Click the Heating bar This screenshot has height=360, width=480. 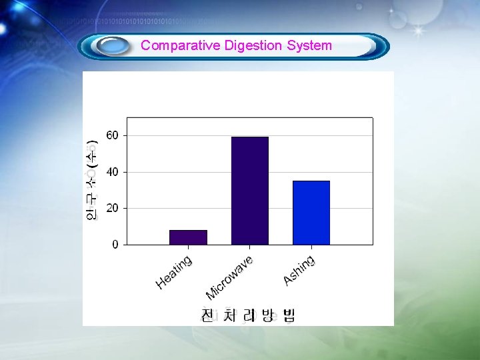click(x=188, y=237)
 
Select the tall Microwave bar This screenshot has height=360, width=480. click(x=250, y=191)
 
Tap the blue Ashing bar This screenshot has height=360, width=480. click(x=311, y=213)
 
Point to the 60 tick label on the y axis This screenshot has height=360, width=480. click(x=112, y=135)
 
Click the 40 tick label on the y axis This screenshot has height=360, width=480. click(x=112, y=172)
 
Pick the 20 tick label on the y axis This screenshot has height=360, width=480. click(x=112, y=208)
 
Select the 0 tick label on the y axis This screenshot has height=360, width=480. click(x=115, y=245)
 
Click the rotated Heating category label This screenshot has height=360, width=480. click(x=174, y=273)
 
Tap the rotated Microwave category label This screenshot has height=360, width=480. click(x=229, y=278)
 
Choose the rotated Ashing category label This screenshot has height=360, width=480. click(x=299, y=270)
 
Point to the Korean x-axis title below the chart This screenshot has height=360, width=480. click(x=248, y=315)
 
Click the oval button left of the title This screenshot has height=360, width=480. click(x=112, y=46)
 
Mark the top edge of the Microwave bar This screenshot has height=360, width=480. click(x=250, y=137)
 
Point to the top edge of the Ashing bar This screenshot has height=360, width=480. click(x=311, y=181)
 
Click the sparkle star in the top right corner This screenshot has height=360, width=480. click(x=419, y=31)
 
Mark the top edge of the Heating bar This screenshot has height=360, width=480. click(x=188, y=231)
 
